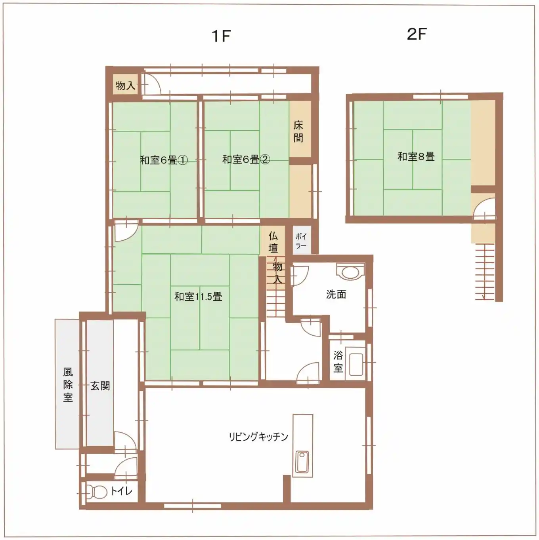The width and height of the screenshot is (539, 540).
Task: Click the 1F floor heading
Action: pos(221,36)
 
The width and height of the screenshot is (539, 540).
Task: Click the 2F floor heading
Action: pos(417,34)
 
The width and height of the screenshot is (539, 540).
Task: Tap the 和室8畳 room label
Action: pos(416,156)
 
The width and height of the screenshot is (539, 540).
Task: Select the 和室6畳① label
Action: pos(164,160)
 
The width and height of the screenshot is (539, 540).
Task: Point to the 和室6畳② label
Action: pos(246,160)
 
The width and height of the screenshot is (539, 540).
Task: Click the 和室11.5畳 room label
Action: pos(198,297)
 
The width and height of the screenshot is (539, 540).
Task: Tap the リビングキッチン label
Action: pos(258,437)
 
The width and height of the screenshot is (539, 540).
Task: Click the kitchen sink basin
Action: pos(302,462)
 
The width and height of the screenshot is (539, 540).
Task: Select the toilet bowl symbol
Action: pos(96,492)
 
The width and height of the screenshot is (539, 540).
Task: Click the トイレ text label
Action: pos(121,491)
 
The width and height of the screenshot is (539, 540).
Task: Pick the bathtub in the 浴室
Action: pos(355,363)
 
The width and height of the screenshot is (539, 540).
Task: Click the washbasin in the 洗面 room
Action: pos(350,272)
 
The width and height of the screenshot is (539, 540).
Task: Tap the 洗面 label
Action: pos(336,294)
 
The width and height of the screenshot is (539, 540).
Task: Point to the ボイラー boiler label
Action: pos(301,241)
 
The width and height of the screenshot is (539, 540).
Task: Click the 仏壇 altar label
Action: pos(273,242)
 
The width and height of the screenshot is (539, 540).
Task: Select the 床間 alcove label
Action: pos(298,131)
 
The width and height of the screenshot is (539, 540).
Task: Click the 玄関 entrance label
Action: pos(100,386)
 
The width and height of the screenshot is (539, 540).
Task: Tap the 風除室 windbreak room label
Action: pos(68,385)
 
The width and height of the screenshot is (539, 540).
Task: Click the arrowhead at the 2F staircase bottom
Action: pos(483,297)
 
